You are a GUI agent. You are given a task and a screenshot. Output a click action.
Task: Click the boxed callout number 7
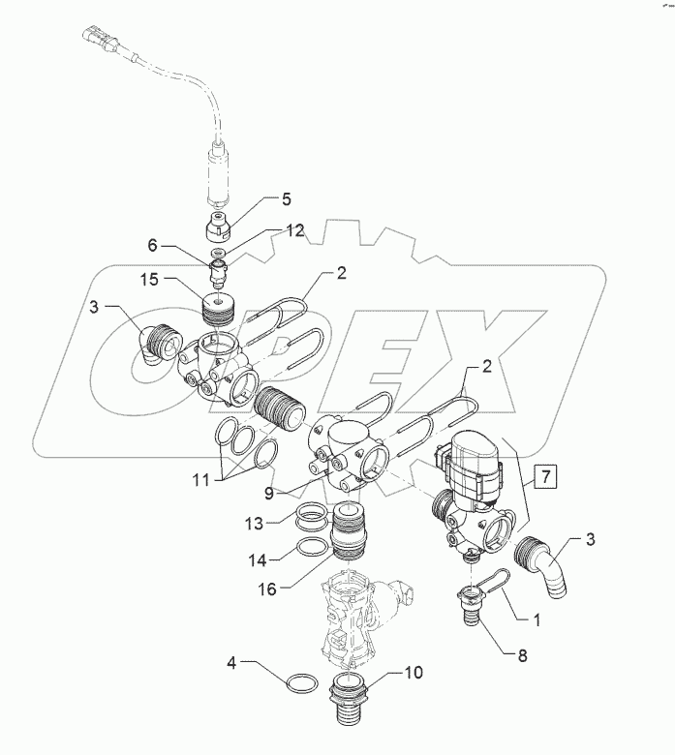545,475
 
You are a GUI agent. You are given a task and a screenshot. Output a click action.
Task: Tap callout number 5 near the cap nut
285,200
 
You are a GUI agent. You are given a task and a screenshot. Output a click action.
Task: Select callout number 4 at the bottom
231,664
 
